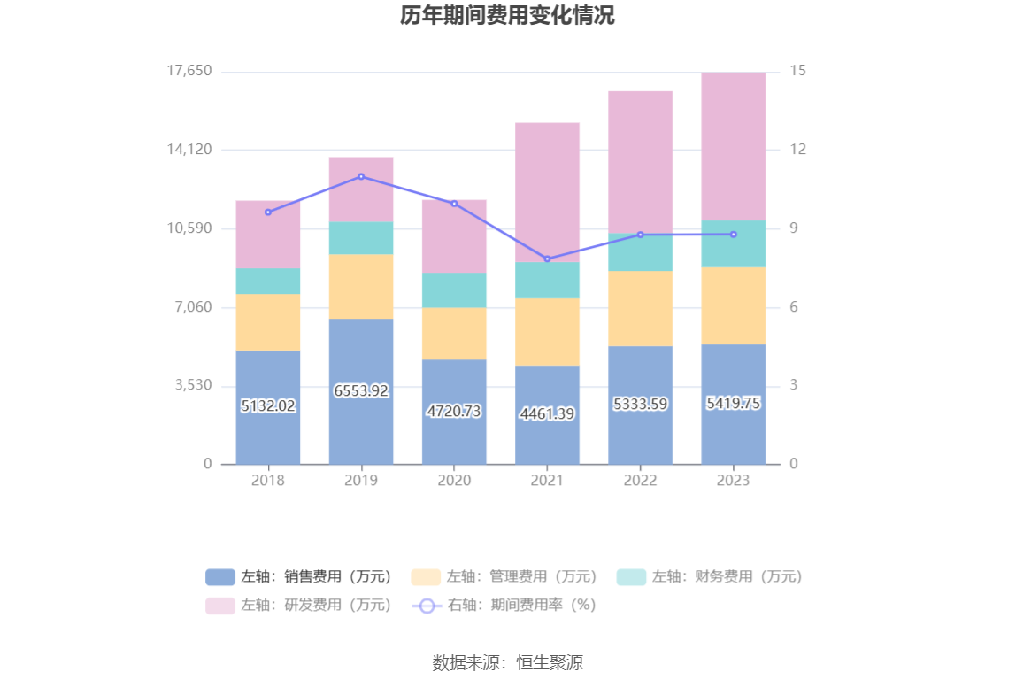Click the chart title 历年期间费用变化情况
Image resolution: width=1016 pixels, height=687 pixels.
coord(507,16)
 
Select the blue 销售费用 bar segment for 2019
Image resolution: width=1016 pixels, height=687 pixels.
coord(361,425)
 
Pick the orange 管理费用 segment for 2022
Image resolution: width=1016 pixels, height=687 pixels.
coord(640,308)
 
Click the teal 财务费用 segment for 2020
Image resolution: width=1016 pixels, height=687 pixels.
coord(454,289)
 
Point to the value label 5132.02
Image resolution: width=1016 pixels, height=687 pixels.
coord(268,405)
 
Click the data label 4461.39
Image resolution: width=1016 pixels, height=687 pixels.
coord(547,413)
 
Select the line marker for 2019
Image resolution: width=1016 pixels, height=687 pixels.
coord(361,176)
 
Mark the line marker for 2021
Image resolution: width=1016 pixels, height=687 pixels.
coord(547,259)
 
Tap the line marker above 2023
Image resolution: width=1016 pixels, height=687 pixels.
coord(733,235)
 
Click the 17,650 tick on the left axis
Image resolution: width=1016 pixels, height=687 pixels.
coord(189,71)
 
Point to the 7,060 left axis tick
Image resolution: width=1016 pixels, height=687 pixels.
coord(194,307)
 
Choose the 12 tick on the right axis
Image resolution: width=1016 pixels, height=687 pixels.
coord(798,150)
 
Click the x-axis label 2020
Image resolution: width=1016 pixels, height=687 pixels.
coord(454,481)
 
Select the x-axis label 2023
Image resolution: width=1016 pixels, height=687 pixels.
coord(733,481)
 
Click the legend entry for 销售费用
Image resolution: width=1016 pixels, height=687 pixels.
coord(299,577)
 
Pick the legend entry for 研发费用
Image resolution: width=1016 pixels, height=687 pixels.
coord(299,606)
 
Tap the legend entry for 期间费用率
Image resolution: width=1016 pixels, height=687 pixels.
coord(504,606)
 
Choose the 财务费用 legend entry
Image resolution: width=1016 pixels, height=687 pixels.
coord(710,577)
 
